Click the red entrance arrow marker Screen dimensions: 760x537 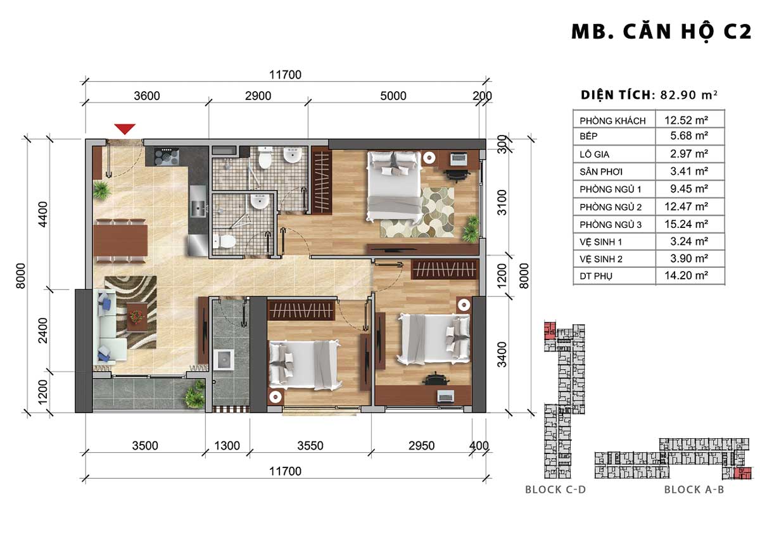(x=125, y=129)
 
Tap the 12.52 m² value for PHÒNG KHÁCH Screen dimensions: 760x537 (x=686, y=120)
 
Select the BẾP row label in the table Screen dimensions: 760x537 (x=588, y=136)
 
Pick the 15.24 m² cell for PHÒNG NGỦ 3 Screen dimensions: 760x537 (x=686, y=224)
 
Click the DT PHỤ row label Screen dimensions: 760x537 (x=596, y=276)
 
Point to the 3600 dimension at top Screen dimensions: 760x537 (x=146, y=96)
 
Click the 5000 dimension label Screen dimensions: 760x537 (x=393, y=96)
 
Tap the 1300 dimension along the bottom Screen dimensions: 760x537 (x=227, y=445)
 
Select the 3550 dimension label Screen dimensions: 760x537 (x=310, y=445)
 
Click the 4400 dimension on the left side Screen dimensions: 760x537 (x=43, y=214)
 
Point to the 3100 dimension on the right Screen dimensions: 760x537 (x=502, y=203)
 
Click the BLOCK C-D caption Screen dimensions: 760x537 (x=555, y=490)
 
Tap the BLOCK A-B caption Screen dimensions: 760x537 (x=694, y=490)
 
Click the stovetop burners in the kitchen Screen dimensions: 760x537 (x=167, y=156)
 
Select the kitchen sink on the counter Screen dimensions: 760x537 (x=198, y=208)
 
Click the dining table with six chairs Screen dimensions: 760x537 (x=120, y=241)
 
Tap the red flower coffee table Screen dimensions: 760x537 (x=137, y=317)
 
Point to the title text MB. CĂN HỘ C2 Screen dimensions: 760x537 (x=661, y=32)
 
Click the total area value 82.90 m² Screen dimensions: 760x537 (x=689, y=94)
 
